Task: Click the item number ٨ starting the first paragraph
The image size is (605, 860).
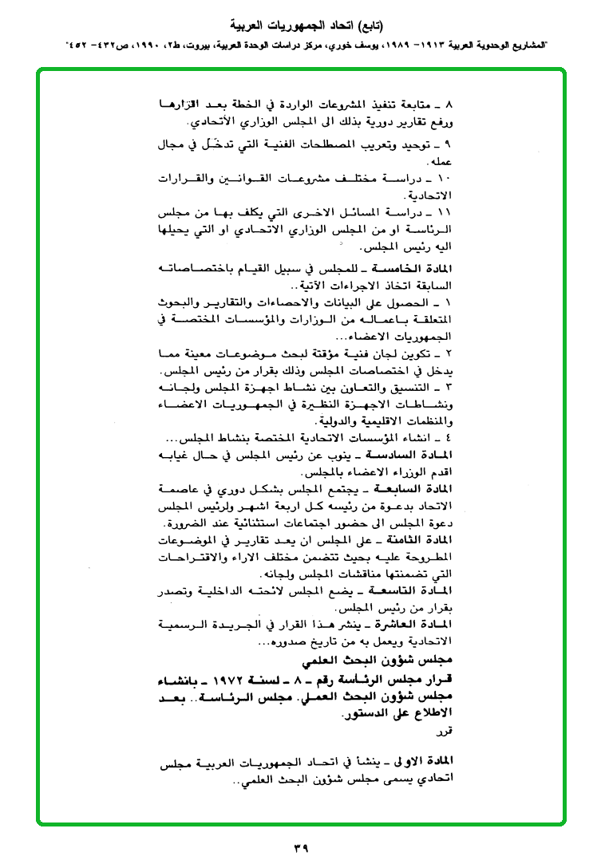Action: [x=448, y=105]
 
